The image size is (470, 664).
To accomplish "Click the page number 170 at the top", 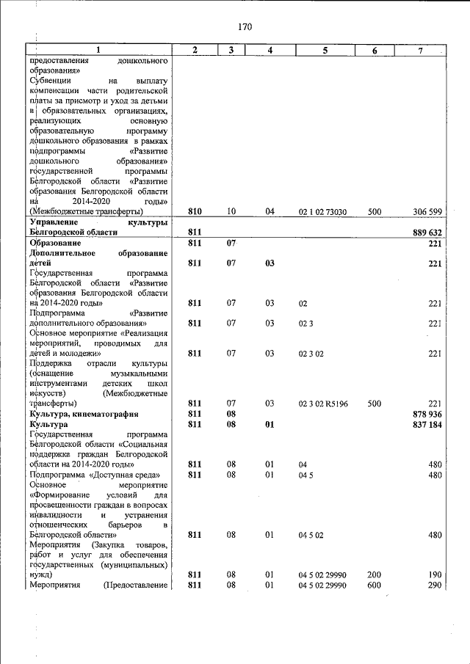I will pos(245,27).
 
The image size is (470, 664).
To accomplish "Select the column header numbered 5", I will pos(325,50).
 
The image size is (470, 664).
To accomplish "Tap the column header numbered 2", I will pos(195,50).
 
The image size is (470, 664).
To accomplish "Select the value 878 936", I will pos(427,414).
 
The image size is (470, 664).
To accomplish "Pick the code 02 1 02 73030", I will pos(323,211).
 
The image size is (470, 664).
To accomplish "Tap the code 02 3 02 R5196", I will pos(323,404).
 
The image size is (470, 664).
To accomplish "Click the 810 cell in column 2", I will pos(195,211).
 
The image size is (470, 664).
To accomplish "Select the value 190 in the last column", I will pos(433,574).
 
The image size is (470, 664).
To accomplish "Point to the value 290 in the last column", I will pos(433,585).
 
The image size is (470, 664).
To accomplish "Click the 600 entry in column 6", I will pos(374,585).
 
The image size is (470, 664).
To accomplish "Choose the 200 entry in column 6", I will pos(374,574).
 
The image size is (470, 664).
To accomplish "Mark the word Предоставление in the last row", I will pos(137,585).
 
